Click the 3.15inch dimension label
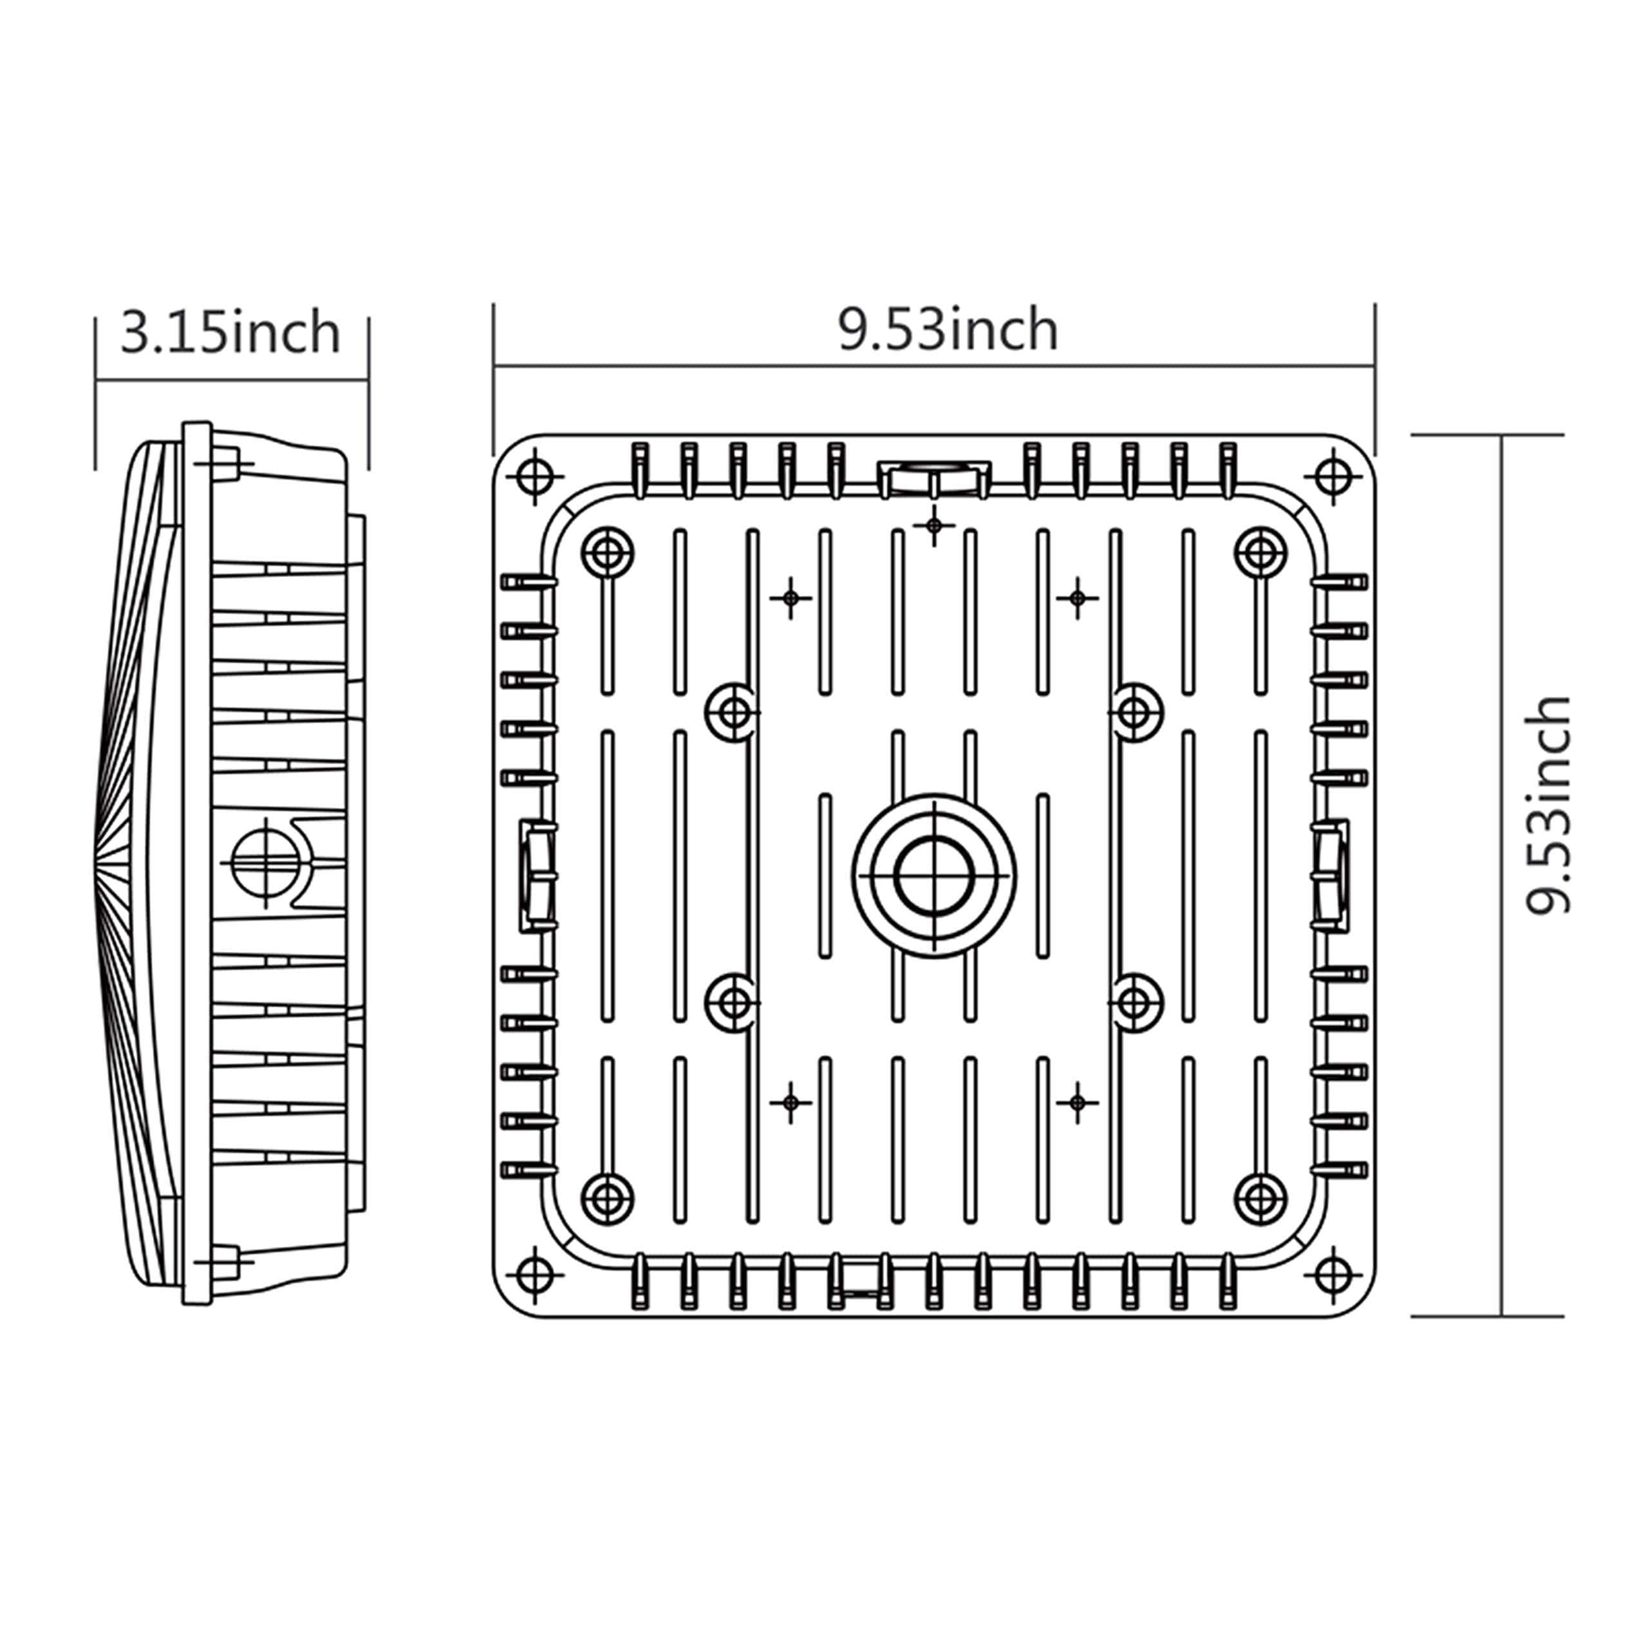click(230, 333)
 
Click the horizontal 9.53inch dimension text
click(948, 330)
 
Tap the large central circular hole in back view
click(934, 876)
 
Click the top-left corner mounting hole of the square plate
click(535, 474)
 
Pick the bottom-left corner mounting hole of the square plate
click(535, 1275)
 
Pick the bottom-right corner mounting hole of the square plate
click(1333, 1275)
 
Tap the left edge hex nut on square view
click(538, 876)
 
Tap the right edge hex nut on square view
click(1329, 876)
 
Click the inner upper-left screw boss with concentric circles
click(607, 554)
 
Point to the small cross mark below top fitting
click(934, 525)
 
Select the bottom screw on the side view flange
click(223, 1260)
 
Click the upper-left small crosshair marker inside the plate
click(791, 598)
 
